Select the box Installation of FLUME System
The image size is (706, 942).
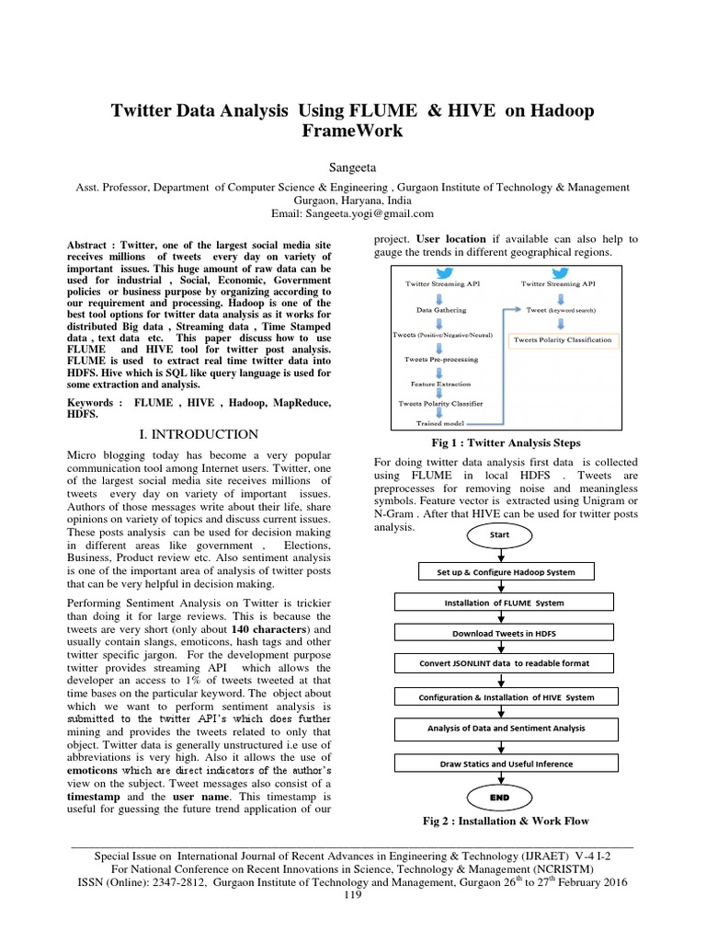click(x=495, y=603)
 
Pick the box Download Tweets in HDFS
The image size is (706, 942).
click(x=495, y=633)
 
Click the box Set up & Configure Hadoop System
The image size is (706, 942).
click(x=495, y=572)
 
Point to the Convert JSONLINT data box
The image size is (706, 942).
click(x=495, y=662)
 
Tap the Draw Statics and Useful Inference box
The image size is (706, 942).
click(x=495, y=763)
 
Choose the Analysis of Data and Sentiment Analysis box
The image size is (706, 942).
click(x=495, y=729)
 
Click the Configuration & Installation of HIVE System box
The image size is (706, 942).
click(x=495, y=697)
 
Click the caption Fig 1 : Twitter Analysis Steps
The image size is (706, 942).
click(x=499, y=442)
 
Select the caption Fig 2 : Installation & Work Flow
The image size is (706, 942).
click(x=505, y=821)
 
